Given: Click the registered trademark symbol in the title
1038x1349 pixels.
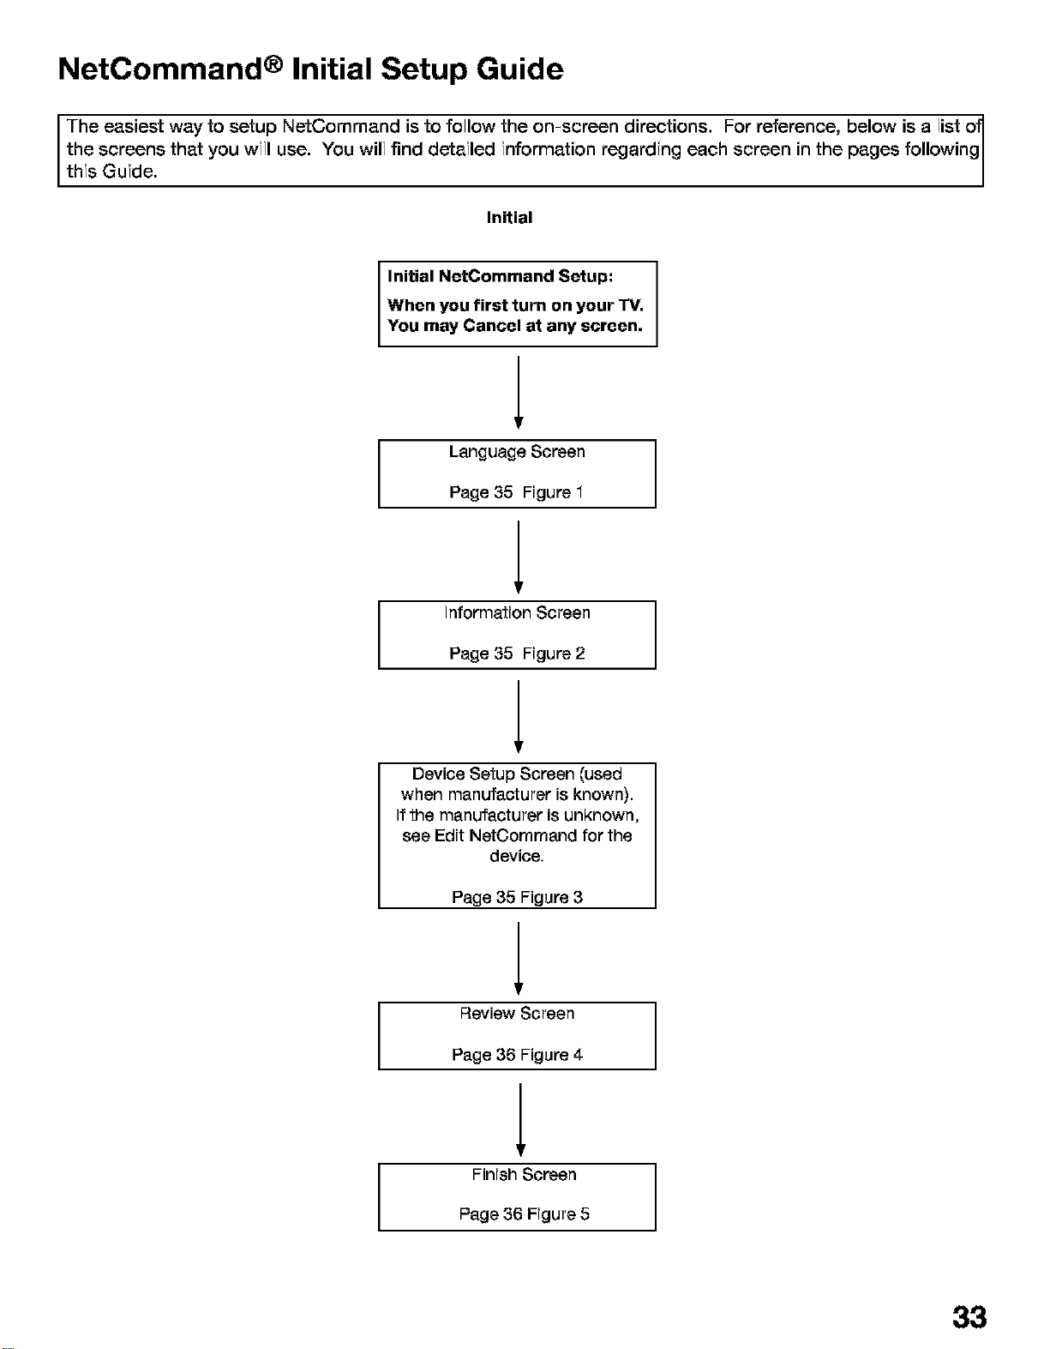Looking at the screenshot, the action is (274, 62).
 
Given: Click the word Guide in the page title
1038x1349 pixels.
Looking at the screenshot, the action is (520, 69).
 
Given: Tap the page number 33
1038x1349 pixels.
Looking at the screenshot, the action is (969, 1315).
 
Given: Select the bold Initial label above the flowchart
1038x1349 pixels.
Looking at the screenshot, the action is (509, 217).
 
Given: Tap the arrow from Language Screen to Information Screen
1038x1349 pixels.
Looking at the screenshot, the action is (519, 557).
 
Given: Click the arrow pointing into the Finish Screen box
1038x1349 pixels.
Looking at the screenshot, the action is (520, 1120).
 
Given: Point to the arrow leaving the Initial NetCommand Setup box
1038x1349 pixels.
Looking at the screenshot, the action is (519, 392).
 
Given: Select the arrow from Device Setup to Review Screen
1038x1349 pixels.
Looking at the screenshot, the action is (519, 959).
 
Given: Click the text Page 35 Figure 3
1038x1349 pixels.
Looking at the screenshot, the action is (517, 898).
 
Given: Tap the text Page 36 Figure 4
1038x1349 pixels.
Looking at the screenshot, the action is (517, 1055).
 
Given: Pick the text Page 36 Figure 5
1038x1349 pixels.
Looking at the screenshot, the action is (524, 1213).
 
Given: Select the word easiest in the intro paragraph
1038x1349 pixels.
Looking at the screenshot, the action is (134, 126).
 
